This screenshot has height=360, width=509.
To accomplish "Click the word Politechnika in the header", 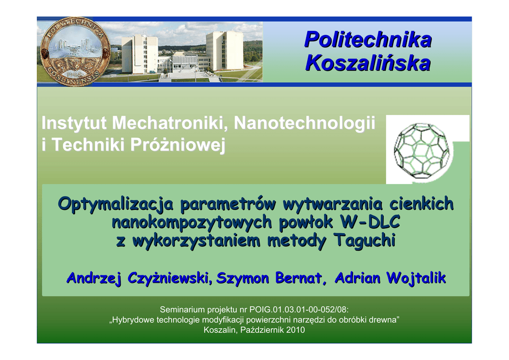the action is pos(368,40).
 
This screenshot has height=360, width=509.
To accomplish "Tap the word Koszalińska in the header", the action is pos(368,63).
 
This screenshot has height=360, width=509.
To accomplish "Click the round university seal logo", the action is pos(75,51).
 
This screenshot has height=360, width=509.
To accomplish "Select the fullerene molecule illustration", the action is pos(422,150).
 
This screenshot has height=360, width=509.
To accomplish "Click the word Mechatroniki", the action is pos(170,123).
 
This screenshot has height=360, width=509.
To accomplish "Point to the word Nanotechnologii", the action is pos(305,123).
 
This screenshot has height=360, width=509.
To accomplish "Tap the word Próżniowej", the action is pos(177,145).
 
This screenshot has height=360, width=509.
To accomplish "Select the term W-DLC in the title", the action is pos(370,222).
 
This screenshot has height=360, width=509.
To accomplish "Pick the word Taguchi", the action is pos(364,241).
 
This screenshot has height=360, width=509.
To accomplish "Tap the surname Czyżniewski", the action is pos(170,278).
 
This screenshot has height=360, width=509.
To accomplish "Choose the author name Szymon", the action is pos(243,278).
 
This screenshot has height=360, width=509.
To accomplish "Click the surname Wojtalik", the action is pos(417,278).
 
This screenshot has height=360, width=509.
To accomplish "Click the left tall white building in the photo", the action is pos(140,54).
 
